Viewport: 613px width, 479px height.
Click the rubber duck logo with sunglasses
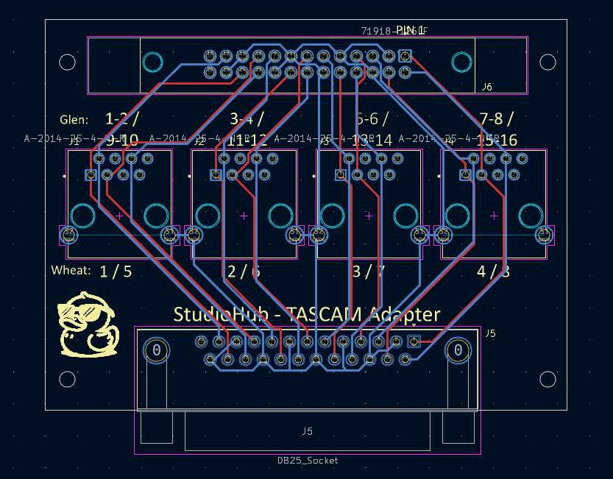[x=87, y=324]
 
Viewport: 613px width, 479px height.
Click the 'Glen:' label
[x=74, y=119]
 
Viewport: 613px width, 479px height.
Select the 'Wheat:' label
[x=71, y=270]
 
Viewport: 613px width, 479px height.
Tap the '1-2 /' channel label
[x=121, y=118]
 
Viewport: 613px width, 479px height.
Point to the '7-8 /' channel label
[x=495, y=118]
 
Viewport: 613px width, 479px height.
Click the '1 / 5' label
[x=116, y=271]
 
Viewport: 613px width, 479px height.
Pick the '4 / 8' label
[x=493, y=271]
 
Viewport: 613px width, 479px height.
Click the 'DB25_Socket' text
[x=308, y=461]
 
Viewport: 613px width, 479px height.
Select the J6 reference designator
[x=486, y=87]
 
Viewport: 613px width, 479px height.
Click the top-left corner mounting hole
[x=67, y=62]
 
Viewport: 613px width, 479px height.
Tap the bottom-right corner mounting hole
[x=548, y=379]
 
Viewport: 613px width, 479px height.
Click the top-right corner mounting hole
[x=548, y=62]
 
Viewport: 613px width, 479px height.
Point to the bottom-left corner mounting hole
[x=67, y=379]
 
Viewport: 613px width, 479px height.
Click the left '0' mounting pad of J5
[x=155, y=350]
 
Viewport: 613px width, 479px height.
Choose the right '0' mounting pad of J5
[x=458, y=350]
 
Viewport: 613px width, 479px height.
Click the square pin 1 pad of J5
[x=414, y=341]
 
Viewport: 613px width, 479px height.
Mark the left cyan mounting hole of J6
[x=152, y=62]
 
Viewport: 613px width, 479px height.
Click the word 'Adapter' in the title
[x=405, y=315]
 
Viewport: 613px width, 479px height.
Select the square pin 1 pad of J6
[x=404, y=55]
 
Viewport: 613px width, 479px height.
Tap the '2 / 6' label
[x=244, y=271]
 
